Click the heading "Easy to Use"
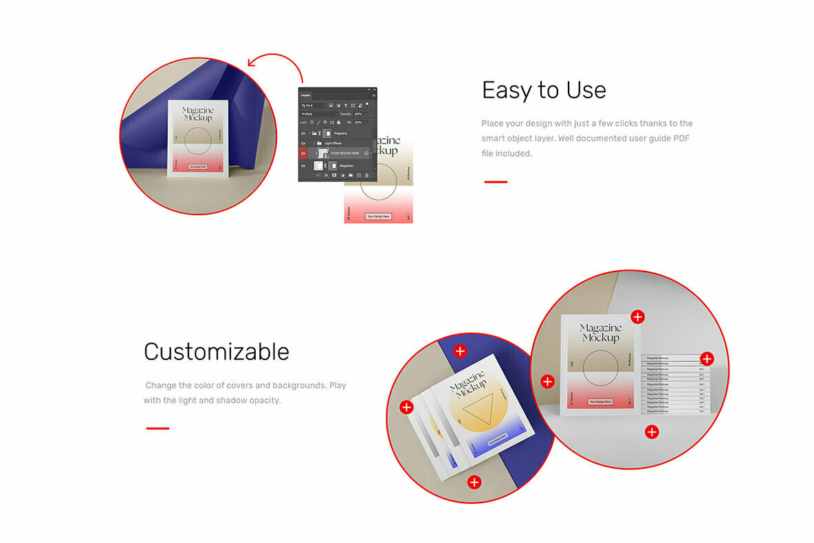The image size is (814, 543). click(544, 90)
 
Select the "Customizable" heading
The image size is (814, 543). click(217, 352)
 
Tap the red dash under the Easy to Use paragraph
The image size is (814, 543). click(496, 182)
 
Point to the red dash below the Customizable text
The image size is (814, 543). click(157, 429)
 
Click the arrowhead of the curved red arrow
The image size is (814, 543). click(251, 65)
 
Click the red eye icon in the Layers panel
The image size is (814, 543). click(303, 153)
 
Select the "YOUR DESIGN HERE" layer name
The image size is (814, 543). click(345, 153)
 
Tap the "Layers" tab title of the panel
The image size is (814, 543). click(306, 95)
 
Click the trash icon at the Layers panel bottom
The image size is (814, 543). click(367, 175)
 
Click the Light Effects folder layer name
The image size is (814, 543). click(334, 143)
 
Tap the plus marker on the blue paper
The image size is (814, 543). click(460, 351)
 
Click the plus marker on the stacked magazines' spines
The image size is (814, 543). click(707, 359)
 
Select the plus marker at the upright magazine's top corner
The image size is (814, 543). click(638, 317)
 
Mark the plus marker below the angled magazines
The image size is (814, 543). click(474, 482)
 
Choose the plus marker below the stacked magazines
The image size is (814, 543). click(652, 432)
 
